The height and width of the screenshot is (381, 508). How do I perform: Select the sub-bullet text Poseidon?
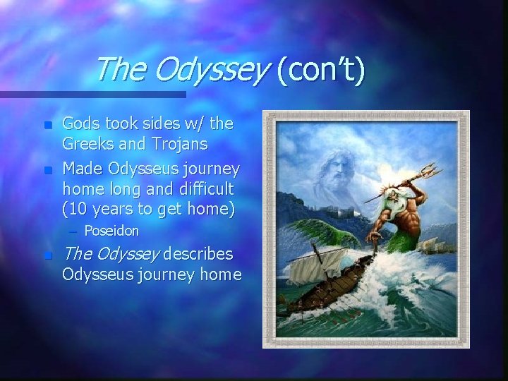pos(111,231)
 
